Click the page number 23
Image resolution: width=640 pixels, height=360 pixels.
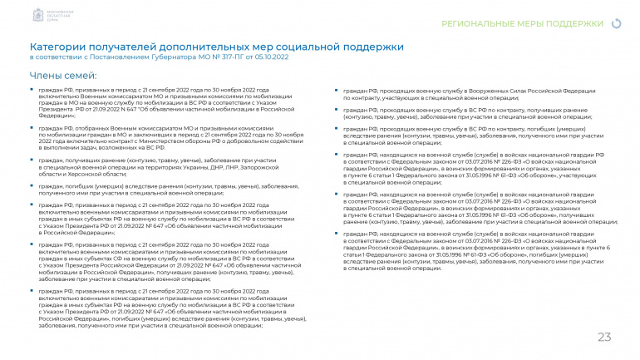(604, 337)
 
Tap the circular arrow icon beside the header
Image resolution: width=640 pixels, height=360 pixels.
(615, 25)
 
